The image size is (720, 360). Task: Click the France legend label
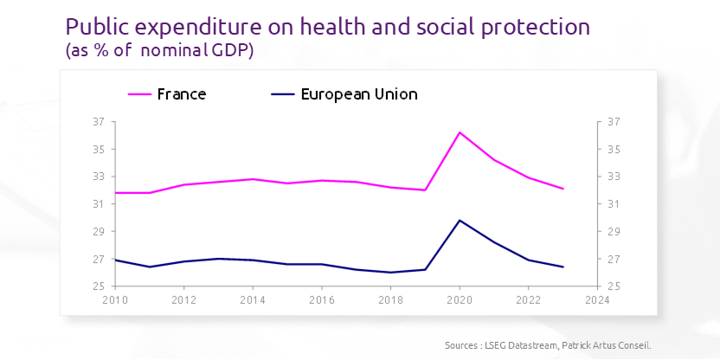tap(181, 94)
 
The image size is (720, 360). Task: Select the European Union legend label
tap(358, 94)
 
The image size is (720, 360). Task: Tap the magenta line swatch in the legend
tap(139, 94)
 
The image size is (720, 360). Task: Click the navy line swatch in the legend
tap(283, 94)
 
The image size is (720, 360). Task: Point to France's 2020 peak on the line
tap(460, 132)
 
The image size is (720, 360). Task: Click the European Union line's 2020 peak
tap(460, 220)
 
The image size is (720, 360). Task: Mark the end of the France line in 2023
tap(563, 189)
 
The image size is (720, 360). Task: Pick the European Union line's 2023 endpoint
tap(563, 267)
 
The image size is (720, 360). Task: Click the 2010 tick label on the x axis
tap(115, 300)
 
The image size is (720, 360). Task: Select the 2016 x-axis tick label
tap(322, 300)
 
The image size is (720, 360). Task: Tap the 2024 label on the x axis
tap(597, 300)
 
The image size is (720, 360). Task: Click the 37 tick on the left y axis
tap(98, 122)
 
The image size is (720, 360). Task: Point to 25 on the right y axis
tap(614, 286)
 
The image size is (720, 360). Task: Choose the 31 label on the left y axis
tap(98, 204)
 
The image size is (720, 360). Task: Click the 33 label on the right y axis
tap(614, 177)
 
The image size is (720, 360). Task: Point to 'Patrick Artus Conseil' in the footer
tap(612, 345)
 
